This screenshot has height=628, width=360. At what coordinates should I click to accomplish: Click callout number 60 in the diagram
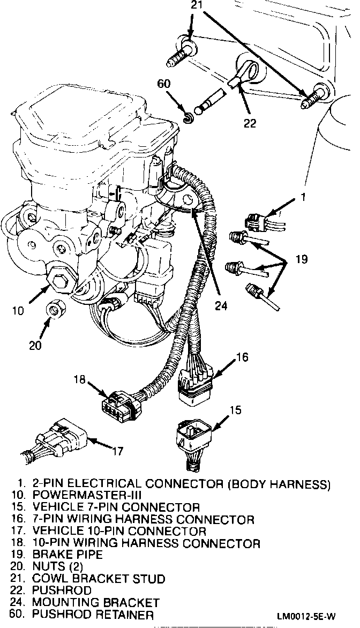(x=164, y=84)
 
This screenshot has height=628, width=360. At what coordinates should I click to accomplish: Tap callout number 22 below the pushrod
(x=249, y=123)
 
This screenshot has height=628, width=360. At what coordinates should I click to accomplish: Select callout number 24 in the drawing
(x=221, y=305)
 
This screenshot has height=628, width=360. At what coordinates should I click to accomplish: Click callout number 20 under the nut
(x=35, y=346)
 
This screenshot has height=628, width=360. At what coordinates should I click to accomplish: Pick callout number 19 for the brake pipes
(x=301, y=260)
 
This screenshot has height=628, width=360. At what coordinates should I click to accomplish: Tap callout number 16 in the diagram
(x=242, y=356)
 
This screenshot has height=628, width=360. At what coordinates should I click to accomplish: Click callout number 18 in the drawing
(x=80, y=380)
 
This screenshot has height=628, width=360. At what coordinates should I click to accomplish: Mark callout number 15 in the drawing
(x=236, y=410)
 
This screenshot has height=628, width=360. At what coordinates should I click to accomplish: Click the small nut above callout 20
(x=54, y=310)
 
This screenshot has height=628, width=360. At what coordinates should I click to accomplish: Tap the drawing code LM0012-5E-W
(x=315, y=615)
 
